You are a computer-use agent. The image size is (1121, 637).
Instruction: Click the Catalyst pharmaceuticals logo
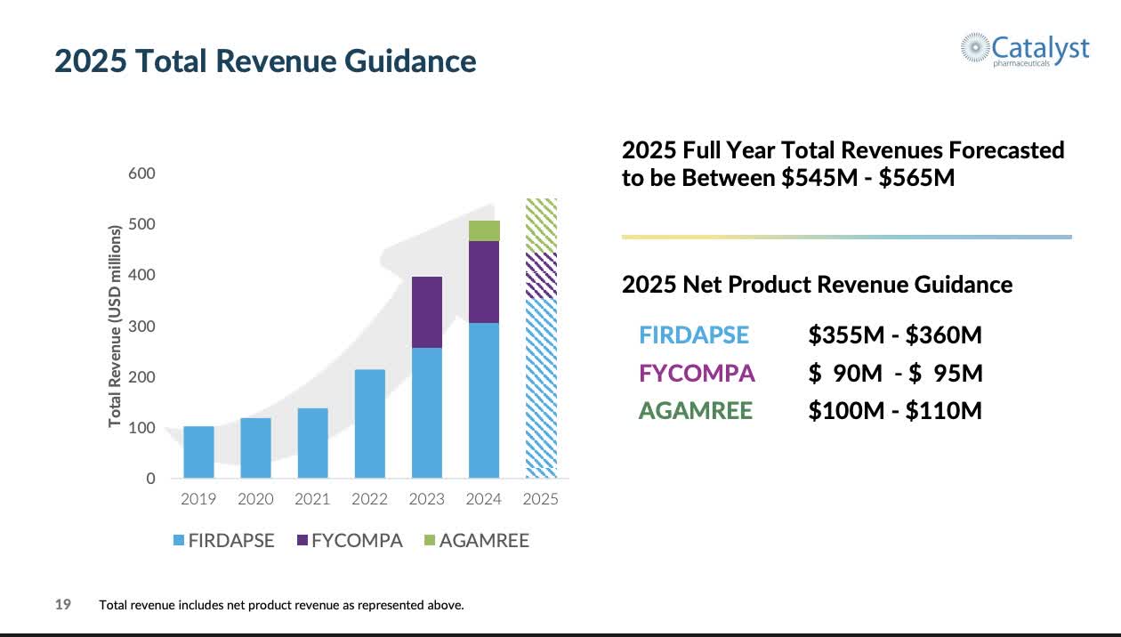1024,48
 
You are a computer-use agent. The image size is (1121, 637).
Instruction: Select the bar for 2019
198,452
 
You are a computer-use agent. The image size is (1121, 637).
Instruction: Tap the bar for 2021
312,443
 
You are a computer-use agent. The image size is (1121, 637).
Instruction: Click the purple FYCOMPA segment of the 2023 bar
426,311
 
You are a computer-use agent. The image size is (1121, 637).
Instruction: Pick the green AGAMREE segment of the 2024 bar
484,230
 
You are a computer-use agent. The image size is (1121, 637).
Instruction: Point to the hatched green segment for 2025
541,225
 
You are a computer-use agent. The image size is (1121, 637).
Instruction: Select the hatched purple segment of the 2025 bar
541,275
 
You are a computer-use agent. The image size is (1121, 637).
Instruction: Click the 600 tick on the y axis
142,173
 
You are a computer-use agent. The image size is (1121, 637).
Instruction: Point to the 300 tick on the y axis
142,327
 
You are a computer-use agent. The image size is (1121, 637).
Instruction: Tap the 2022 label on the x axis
369,499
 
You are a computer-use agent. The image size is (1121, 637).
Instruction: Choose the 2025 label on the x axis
541,499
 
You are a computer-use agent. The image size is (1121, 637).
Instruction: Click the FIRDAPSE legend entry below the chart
223,540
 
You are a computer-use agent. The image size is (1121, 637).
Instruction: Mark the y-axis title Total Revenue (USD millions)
115,327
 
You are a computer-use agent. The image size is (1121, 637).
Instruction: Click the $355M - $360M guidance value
895,335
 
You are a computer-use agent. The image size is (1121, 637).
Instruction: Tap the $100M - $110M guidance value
895,410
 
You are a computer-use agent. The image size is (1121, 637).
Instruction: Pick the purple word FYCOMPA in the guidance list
697,373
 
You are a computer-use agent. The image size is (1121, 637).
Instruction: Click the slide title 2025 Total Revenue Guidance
265,61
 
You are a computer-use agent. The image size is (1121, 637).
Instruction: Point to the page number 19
63,605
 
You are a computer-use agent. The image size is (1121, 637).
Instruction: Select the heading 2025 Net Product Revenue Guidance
817,285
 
